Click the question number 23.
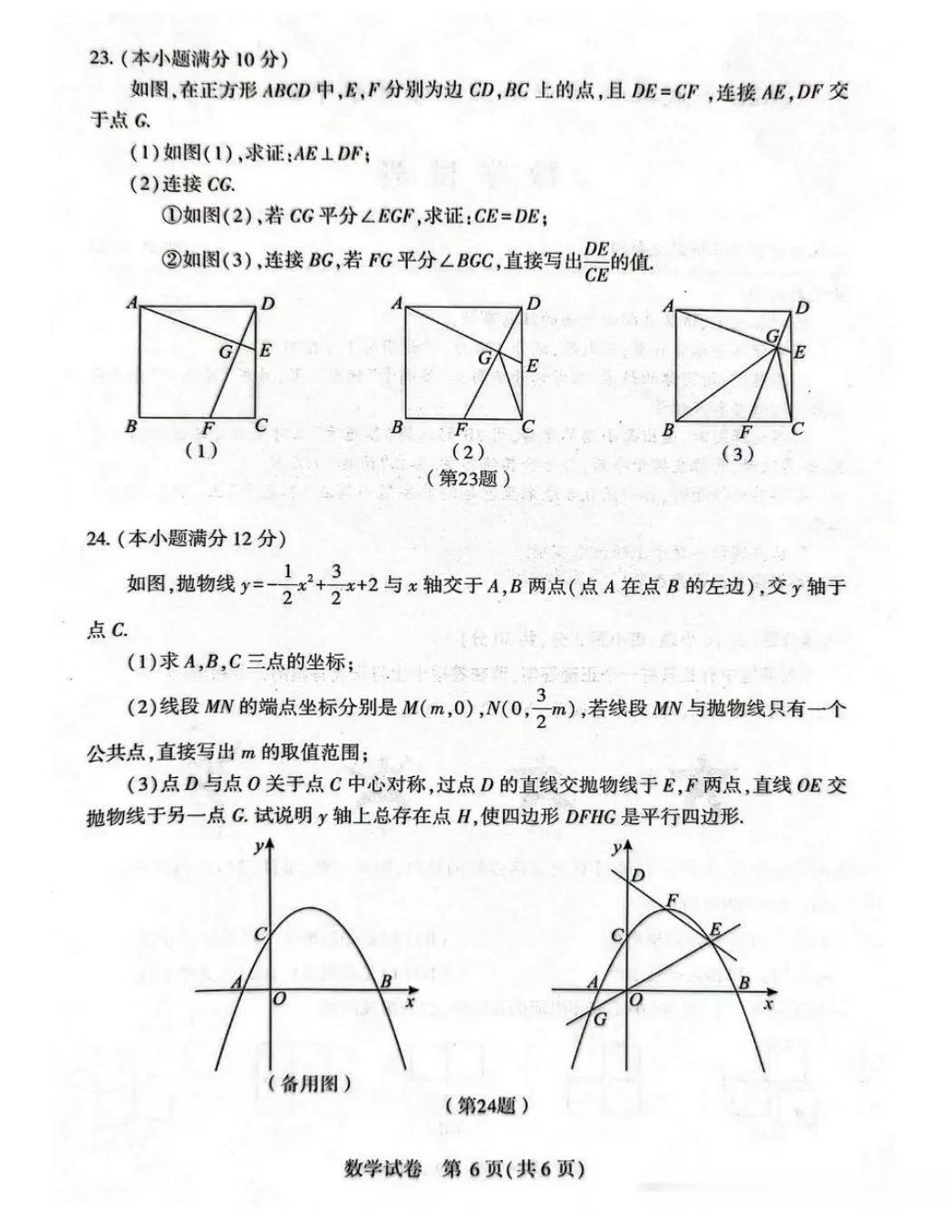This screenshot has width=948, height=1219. click(x=100, y=59)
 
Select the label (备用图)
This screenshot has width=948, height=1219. click(x=310, y=1082)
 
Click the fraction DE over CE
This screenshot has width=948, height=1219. click(x=596, y=262)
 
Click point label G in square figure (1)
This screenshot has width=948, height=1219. click(x=226, y=352)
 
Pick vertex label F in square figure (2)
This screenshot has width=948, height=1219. click(x=461, y=429)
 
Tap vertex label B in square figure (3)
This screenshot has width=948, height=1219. click(x=669, y=429)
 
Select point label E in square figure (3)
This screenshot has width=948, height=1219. click(x=799, y=352)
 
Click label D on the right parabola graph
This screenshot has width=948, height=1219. click(x=637, y=875)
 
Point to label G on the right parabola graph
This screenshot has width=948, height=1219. click(x=599, y=1019)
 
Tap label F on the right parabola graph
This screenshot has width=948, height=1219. click(x=672, y=900)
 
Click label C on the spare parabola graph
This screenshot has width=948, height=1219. click(x=261, y=934)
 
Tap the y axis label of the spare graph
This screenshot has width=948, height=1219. click(x=260, y=847)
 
